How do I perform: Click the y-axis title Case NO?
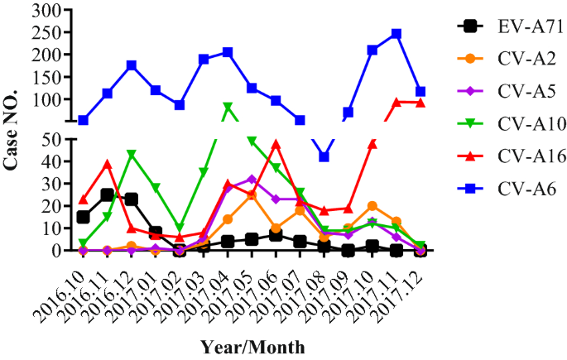pyautogui.click(x=12, y=132)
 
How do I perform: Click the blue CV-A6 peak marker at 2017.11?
pyautogui.click(x=396, y=34)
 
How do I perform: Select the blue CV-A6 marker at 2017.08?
pyautogui.click(x=324, y=156)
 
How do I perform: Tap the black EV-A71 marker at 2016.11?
pyautogui.click(x=107, y=194)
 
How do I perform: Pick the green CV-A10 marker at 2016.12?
pyautogui.click(x=131, y=154)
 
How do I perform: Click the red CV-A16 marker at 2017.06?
pyautogui.click(x=276, y=144)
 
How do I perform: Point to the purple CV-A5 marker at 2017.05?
pyautogui.click(x=252, y=179)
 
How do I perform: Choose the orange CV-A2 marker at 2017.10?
pyautogui.click(x=372, y=205)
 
